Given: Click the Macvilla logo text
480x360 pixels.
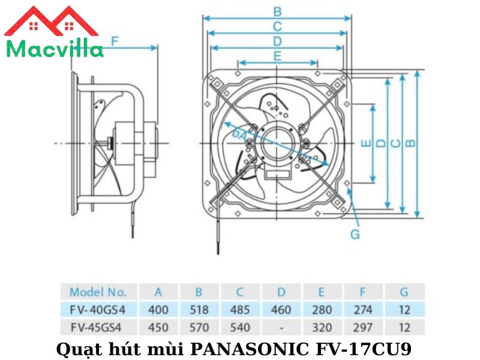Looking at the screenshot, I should pos(54,49).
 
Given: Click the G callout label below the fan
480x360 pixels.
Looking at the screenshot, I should pos(355,234).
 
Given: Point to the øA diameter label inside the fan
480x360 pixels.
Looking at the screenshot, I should pos(238,135).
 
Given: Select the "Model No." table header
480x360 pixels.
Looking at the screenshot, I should pos(98,292).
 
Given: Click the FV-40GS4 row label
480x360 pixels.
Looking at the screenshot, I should pos(98,310).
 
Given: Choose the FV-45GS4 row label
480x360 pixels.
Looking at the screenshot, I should pos(98,328).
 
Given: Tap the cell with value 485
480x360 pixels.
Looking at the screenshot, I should pos(239,310).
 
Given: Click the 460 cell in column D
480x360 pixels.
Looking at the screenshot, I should pos(281,310).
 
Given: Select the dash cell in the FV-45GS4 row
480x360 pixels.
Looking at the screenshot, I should pos(281,328).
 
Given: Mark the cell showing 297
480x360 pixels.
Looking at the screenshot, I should pos(363,328).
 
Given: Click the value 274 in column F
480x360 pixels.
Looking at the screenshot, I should pos(363,310).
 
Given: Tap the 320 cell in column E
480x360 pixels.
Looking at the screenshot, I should pos(322,328).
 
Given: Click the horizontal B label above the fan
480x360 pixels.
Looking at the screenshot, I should pos(277,11).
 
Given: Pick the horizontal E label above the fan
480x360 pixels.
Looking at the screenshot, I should pos(277,56).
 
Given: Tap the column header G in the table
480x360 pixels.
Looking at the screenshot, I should pos(404,292).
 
